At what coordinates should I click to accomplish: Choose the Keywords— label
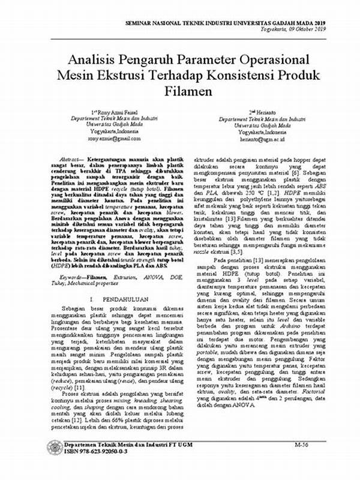(74, 277)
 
